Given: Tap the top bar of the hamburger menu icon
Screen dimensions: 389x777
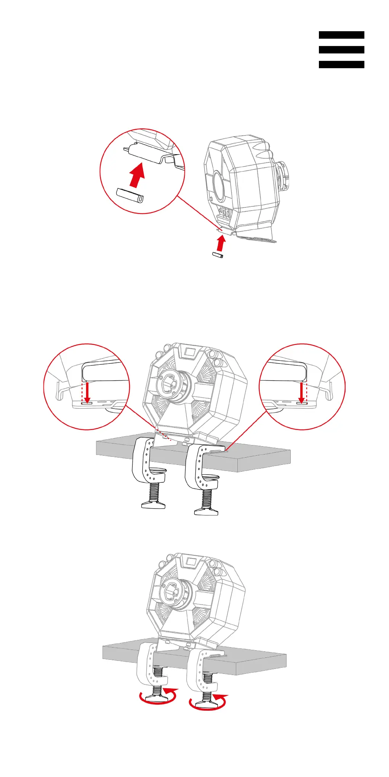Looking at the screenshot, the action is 341,35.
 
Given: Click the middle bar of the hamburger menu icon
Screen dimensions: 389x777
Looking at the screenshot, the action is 341,49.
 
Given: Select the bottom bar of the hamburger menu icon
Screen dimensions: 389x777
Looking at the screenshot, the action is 341,64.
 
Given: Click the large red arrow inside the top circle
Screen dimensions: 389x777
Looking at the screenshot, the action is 137,175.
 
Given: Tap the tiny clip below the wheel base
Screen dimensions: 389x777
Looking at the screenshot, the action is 218,255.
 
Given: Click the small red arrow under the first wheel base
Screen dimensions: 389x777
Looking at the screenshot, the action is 220,243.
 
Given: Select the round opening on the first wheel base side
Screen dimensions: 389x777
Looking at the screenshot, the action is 219,186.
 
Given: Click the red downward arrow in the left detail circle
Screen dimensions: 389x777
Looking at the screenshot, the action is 87,392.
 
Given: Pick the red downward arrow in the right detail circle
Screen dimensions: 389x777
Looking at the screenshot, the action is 301,392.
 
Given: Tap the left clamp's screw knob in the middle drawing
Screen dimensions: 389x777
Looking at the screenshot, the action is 153,505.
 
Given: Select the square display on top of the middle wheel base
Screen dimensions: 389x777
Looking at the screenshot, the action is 190,351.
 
